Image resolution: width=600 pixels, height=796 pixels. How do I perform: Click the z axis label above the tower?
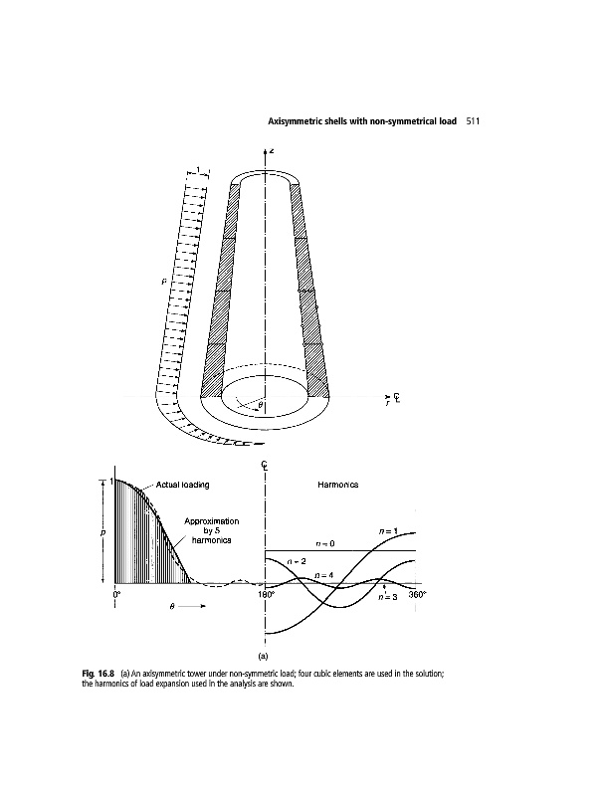tap(272, 150)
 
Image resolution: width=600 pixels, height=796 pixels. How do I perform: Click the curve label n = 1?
tap(391, 531)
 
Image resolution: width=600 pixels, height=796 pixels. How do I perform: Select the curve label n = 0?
tap(325, 544)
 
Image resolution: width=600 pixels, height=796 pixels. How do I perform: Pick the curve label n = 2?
tap(296, 562)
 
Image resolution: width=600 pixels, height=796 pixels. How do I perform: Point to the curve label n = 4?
tap(323, 575)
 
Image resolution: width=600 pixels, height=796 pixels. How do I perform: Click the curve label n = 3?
tap(388, 597)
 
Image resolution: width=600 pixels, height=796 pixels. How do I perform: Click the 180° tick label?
tap(267, 594)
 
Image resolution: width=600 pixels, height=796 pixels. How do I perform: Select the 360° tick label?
tap(417, 594)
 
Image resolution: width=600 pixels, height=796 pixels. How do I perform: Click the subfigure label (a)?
tap(265, 657)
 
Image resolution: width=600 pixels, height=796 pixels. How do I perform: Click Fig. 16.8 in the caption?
tap(98, 676)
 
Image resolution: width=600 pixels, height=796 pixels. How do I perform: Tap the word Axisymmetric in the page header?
tap(298, 122)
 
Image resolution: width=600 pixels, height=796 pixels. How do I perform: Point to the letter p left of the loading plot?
tap(102, 532)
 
